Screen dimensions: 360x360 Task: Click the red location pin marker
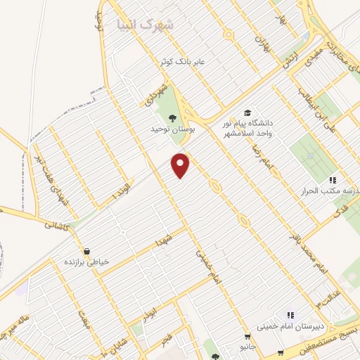181,165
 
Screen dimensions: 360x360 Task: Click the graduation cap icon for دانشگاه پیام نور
247,112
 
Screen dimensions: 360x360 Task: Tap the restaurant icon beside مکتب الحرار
333,180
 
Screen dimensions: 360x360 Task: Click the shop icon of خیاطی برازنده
86,251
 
